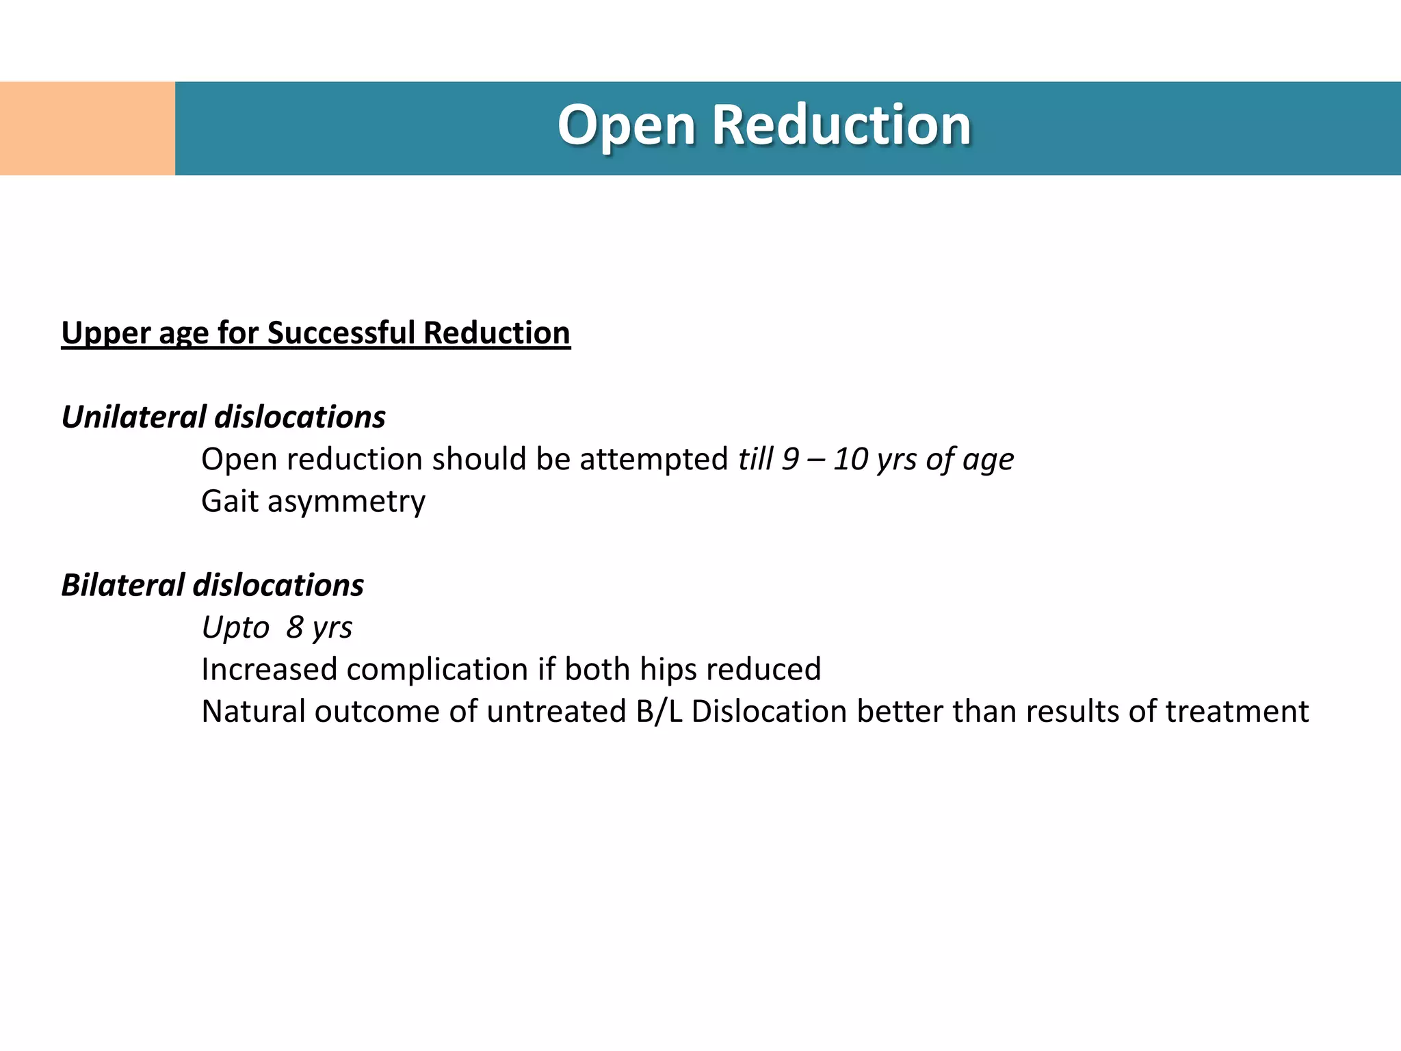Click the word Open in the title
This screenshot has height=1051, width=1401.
coord(626,127)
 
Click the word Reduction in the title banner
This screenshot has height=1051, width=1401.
coord(841,125)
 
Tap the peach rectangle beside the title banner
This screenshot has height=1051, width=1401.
coord(87,129)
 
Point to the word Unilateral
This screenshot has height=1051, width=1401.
coord(133,417)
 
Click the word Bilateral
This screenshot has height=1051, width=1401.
coord(122,586)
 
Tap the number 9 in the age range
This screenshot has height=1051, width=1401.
coord(790,459)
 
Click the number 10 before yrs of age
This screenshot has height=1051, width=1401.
coord(850,459)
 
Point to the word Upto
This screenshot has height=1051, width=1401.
coord(235,628)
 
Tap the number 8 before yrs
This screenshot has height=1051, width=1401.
coord(295,627)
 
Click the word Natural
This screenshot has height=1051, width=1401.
coord(253,712)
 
